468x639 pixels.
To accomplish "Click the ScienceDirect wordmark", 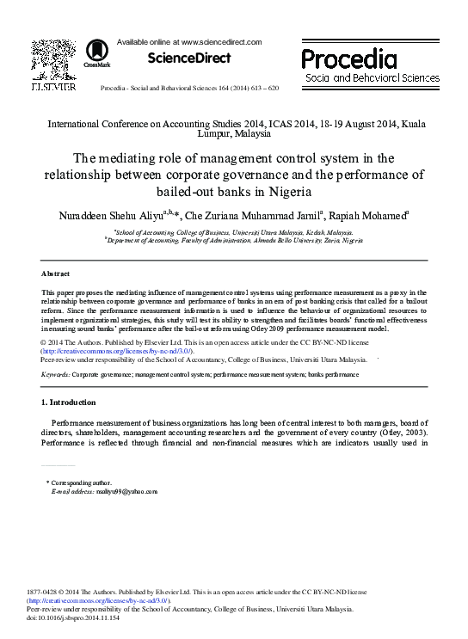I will coord(189,58).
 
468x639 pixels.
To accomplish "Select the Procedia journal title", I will coord(348,58).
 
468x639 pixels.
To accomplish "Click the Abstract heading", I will coord(56,273).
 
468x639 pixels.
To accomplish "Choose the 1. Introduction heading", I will coord(69,402).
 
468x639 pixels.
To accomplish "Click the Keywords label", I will coord(56,376).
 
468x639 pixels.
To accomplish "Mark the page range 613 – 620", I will coord(262,89).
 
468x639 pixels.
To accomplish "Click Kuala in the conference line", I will coord(414,124).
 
